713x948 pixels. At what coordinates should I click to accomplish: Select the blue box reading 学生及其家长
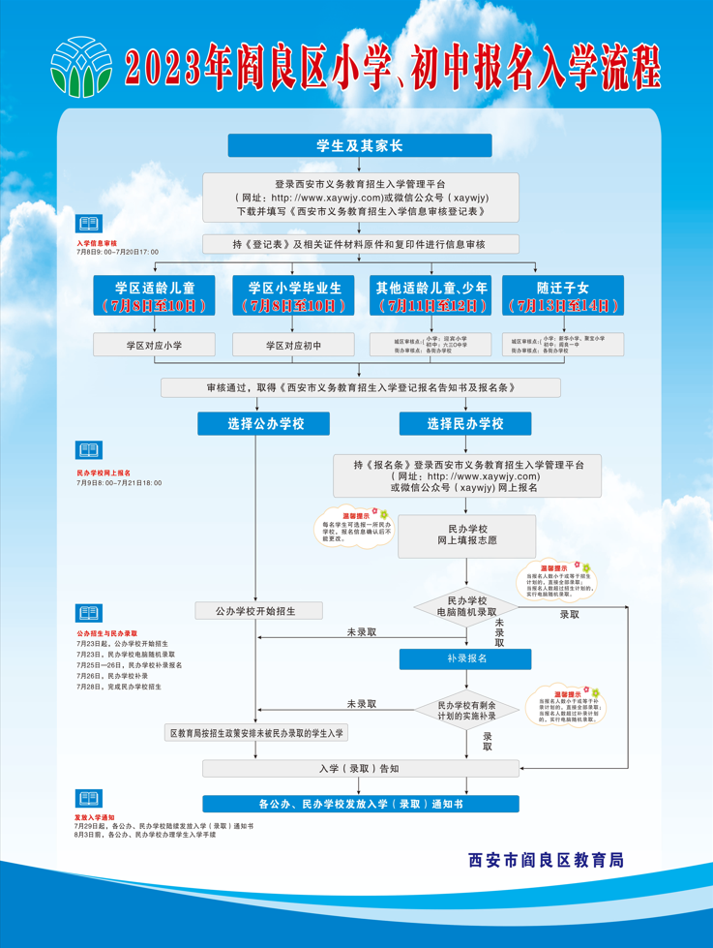[x=360, y=145]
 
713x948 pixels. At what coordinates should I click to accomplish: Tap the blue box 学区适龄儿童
[x=155, y=295]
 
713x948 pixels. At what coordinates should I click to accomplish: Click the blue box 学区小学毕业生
[x=294, y=295]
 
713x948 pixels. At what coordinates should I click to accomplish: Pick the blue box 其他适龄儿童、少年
[x=431, y=295]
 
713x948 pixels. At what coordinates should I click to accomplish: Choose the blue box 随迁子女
[x=563, y=295]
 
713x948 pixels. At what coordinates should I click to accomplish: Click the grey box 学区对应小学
[x=155, y=345]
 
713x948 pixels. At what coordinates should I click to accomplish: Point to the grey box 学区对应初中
[x=294, y=345]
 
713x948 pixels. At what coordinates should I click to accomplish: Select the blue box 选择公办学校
[x=263, y=424]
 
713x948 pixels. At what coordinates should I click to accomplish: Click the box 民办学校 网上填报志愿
[x=466, y=535]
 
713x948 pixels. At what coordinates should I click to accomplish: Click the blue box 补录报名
[x=465, y=658]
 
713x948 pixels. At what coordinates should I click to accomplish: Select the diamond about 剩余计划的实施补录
[x=466, y=711]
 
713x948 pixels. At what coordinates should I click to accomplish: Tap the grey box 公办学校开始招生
[x=257, y=611]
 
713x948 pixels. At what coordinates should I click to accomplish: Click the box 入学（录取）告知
[x=360, y=769]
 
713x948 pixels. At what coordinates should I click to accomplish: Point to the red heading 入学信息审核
[x=97, y=243]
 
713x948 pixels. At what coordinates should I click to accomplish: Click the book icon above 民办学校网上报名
[x=88, y=451]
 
